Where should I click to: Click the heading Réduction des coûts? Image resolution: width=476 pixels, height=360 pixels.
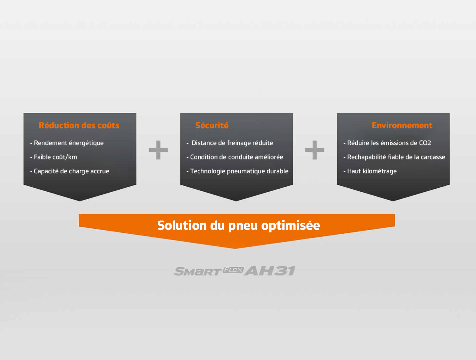(x=79, y=125)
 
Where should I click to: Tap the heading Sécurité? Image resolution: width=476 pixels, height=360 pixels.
(x=212, y=125)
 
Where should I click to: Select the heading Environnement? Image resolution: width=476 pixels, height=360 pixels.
(x=402, y=125)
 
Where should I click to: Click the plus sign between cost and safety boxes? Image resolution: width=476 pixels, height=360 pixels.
(x=158, y=150)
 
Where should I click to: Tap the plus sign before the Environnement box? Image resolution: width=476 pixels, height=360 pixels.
(x=314, y=150)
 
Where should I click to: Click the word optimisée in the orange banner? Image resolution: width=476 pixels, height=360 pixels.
(x=290, y=226)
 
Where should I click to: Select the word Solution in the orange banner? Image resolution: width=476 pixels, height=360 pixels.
(x=182, y=225)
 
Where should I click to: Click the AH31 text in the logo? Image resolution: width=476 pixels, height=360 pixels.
(x=270, y=271)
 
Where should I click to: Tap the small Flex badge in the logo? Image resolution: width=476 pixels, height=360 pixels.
(x=233, y=270)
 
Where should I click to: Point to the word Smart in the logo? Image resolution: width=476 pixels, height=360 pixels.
(x=198, y=271)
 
